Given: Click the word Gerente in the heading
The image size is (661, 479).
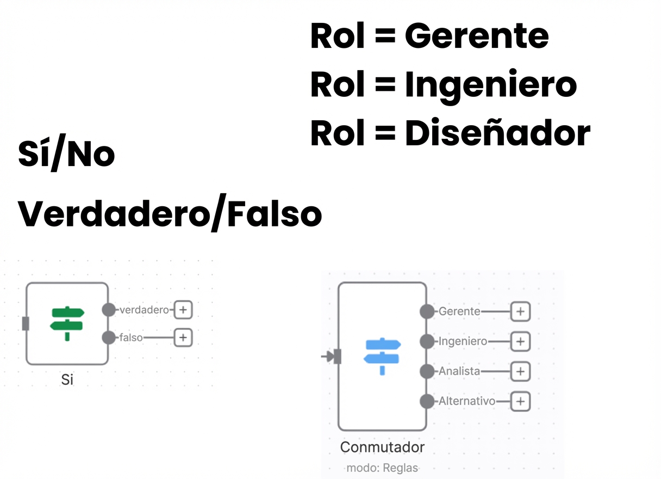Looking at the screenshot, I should [x=476, y=36].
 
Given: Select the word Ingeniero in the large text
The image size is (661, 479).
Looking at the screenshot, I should [x=490, y=85].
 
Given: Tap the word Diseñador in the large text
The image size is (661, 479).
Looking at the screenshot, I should [x=497, y=133].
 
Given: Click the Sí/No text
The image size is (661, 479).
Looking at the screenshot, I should [x=66, y=154].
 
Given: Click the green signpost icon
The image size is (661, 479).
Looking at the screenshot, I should [x=67, y=324].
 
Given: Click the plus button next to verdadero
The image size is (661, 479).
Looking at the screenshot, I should [x=183, y=310].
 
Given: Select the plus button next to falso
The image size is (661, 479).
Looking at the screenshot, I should [x=183, y=337].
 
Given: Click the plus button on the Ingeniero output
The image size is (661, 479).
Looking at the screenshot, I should [x=520, y=342].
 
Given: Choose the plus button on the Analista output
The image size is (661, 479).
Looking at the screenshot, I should [x=520, y=371].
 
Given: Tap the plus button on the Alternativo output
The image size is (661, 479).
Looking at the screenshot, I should [x=520, y=402].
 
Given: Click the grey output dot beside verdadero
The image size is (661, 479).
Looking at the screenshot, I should [x=109, y=310].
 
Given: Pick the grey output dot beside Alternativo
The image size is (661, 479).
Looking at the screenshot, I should [x=427, y=402].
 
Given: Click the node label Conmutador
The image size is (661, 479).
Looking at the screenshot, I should [x=382, y=447].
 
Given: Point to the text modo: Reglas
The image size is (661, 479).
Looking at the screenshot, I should [x=382, y=468].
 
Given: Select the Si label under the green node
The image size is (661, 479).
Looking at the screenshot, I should [x=67, y=379].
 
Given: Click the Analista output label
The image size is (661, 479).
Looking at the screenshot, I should [x=459, y=371].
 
